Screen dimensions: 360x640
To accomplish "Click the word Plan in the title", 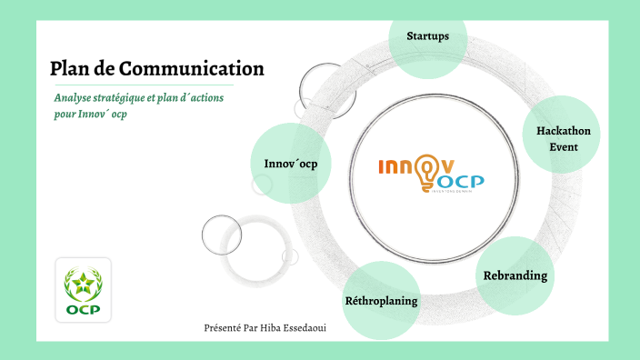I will [x=68, y=68].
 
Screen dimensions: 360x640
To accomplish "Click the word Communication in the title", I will [x=192, y=68].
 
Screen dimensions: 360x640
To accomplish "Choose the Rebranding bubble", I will [x=515, y=275].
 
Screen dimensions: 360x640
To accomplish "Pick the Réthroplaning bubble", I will [x=382, y=300].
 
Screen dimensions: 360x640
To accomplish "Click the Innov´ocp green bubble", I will [x=291, y=164].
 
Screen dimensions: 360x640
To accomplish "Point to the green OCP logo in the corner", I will [x=83, y=292].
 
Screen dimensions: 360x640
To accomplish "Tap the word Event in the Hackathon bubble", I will [x=564, y=146].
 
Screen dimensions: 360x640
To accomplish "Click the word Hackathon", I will [x=564, y=131].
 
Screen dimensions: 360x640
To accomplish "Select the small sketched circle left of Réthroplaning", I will [x=223, y=235].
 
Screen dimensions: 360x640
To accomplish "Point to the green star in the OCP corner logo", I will [x=83, y=285].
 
